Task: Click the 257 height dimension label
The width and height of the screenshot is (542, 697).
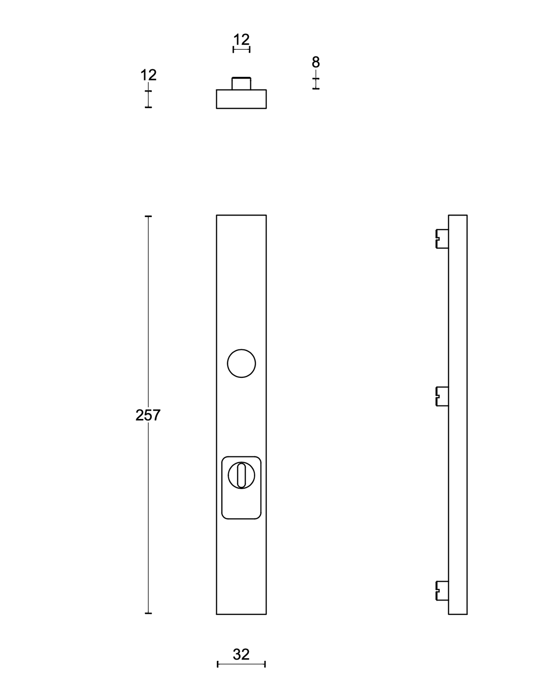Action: point(148,415)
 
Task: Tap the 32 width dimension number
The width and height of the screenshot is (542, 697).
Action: point(241,655)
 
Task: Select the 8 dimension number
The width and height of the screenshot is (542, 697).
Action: point(316,62)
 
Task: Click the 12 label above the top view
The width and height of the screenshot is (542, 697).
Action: point(241,40)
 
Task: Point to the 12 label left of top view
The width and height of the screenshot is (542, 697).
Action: point(149,75)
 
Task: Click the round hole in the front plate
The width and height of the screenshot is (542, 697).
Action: point(241,363)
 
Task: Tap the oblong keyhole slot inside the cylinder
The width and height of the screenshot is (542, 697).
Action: point(241,475)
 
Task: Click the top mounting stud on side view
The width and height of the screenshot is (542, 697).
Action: point(442,239)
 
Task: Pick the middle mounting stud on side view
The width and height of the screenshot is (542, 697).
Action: point(442,396)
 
